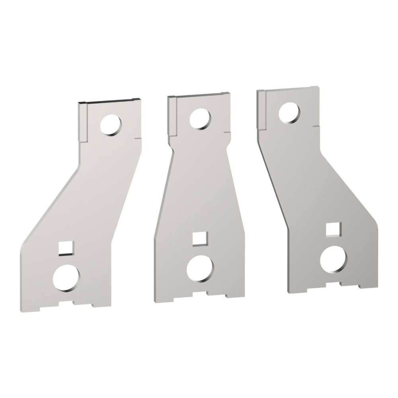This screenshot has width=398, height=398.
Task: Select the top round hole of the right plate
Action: pyautogui.click(x=289, y=113)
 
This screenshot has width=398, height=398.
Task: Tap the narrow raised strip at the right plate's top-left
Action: pyautogui.click(x=261, y=109)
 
